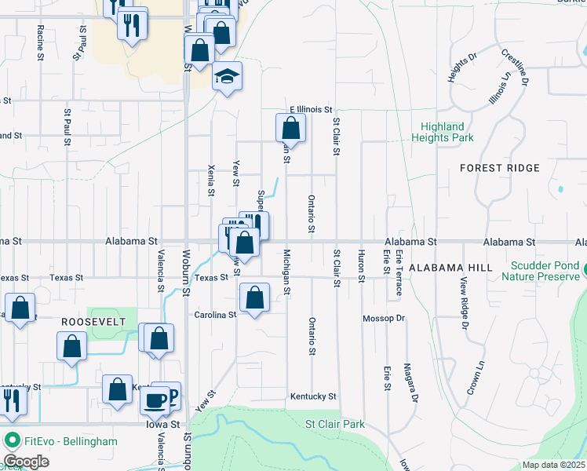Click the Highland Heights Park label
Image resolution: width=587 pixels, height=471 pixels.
tap(442, 132)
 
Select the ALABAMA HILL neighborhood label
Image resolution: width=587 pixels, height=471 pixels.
tap(450, 268)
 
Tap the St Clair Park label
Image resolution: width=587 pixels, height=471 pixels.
tap(335, 424)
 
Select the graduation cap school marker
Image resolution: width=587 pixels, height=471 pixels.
tap(227, 76)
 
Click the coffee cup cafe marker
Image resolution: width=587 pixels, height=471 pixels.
tap(155, 400)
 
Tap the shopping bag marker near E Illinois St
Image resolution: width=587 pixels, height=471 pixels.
tap(290, 128)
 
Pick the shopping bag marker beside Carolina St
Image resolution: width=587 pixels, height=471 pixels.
tap(254, 298)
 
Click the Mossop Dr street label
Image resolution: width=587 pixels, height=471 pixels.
tap(383, 319)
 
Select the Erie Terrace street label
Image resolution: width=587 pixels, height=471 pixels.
tap(399, 272)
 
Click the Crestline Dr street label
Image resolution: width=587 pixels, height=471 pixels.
tap(515, 66)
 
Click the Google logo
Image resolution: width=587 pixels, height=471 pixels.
tap(26, 461)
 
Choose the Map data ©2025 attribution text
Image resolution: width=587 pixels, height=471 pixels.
tap(553, 465)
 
